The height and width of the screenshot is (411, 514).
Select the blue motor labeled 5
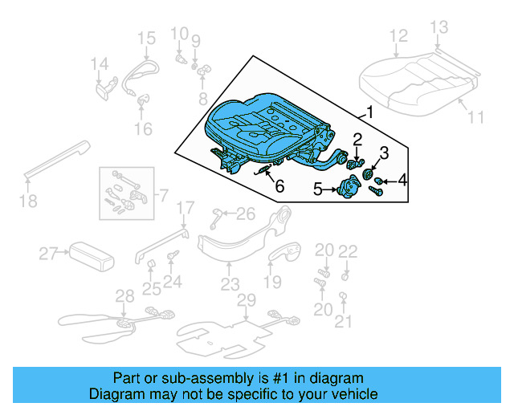pos(348,189)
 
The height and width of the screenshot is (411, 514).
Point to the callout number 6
pos(279,186)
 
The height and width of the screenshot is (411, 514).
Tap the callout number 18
pos(28,201)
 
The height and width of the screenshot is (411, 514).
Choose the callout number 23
pos(230,284)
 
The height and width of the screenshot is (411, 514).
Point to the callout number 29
pos(246,300)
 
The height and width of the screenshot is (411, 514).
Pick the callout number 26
pos(245,213)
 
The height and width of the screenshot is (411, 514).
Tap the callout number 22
pos(347,251)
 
